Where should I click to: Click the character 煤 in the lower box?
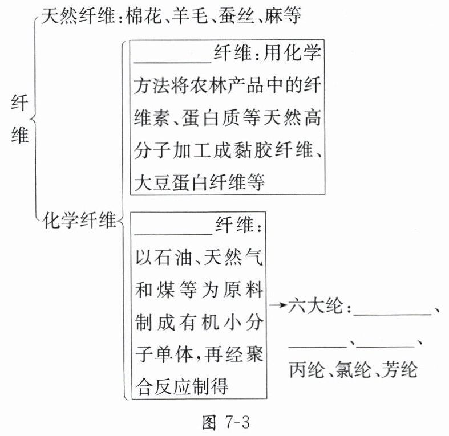172,291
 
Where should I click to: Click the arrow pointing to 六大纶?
277,307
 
